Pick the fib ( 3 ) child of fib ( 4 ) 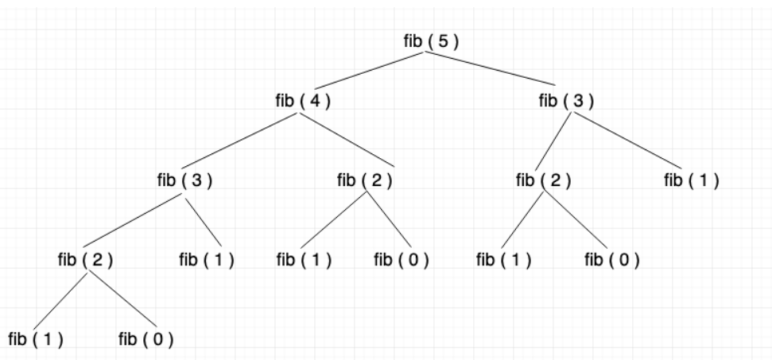[x=184, y=180]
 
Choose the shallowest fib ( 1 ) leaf [x=691, y=180]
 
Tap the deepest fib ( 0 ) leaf [x=145, y=339]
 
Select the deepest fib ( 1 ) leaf [x=36, y=339]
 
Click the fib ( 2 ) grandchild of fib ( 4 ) [x=86, y=259]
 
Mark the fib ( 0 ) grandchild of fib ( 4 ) [x=402, y=259]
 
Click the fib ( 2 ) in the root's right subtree [x=543, y=180]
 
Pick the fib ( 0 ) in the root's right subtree [x=612, y=259]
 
